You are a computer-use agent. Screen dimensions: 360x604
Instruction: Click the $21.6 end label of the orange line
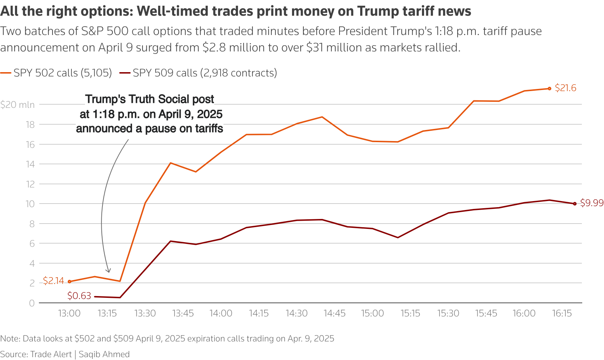565,88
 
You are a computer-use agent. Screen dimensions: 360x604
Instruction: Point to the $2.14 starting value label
54,281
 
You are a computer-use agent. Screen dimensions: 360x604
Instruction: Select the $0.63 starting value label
79,296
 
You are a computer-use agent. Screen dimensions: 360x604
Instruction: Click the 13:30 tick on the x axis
145,314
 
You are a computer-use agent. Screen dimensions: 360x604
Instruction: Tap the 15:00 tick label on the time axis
372,314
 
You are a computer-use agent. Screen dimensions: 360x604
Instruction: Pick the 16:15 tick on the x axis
562,314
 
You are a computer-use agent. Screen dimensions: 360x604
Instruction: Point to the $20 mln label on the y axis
17,105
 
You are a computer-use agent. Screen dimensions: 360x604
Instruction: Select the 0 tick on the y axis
32,303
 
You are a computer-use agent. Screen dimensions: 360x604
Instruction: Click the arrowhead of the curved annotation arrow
109,271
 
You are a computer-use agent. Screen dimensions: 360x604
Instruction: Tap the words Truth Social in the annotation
171,99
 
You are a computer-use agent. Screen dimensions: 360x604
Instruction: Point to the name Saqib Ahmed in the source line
104,354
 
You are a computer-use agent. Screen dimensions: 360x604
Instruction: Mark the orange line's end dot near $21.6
549,89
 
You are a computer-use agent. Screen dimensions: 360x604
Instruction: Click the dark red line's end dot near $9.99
575,204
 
